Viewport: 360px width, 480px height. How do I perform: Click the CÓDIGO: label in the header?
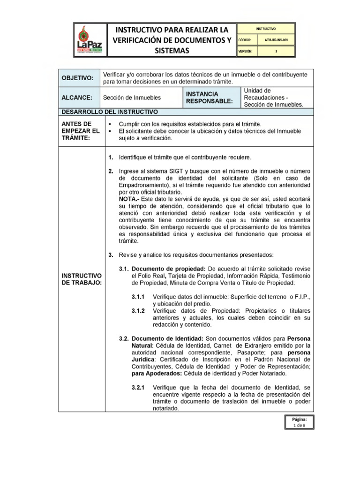point(246,40)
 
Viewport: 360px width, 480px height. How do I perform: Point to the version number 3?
point(277,52)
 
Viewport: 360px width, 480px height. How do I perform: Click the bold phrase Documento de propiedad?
point(167,269)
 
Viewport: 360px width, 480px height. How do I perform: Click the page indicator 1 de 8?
point(299,425)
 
